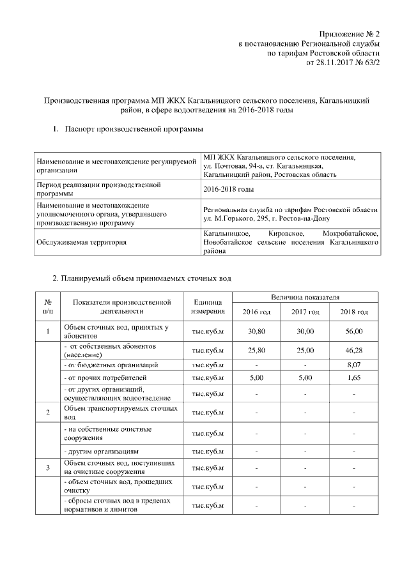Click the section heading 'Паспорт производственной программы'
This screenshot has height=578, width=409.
click(x=134, y=130)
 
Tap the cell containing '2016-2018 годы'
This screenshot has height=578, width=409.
click(x=228, y=190)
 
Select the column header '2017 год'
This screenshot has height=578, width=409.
click(x=305, y=312)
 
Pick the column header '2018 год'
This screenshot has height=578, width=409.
click(x=353, y=312)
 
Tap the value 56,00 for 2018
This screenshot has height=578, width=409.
click(x=353, y=331)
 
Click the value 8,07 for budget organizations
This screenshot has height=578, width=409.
click(x=353, y=365)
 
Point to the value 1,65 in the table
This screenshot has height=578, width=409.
click(x=353, y=377)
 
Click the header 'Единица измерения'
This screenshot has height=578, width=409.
click(x=207, y=307)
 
